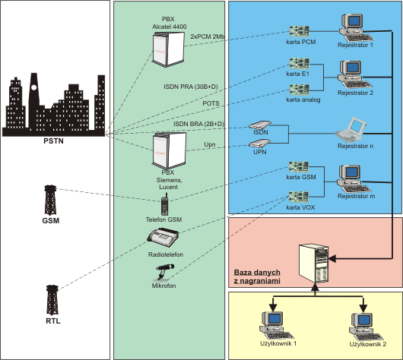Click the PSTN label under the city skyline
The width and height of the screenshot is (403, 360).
click(x=53, y=141)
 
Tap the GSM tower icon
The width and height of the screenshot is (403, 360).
click(x=50, y=200)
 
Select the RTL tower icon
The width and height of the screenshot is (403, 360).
click(x=52, y=300)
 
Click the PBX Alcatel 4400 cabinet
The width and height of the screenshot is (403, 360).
click(x=169, y=49)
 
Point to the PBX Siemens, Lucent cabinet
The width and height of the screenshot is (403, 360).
click(x=169, y=150)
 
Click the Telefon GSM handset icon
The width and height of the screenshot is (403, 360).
click(x=165, y=204)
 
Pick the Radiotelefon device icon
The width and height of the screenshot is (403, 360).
click(x=163, y=237)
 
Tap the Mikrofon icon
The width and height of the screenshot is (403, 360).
click(x=163, y=273)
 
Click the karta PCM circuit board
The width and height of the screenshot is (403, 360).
click(x=299, y=31)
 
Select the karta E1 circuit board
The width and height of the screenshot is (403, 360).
click(x=300, y=64)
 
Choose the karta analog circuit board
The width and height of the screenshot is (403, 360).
click(x=300, y=90)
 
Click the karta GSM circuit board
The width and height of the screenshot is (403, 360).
click(x=298, y=166)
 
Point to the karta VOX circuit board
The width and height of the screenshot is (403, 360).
click(x=298, y=197)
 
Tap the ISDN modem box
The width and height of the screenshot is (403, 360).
click(x=260, y=125)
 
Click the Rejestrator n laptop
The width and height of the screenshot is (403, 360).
click(x=351, y=130)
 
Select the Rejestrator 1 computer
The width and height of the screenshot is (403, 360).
click(x=356, y=27)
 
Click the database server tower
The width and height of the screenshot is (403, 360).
click(x=313, y=264)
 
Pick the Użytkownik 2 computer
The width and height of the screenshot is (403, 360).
click(x=367, y=327)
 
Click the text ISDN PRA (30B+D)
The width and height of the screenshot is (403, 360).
click(x=191, y=87)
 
